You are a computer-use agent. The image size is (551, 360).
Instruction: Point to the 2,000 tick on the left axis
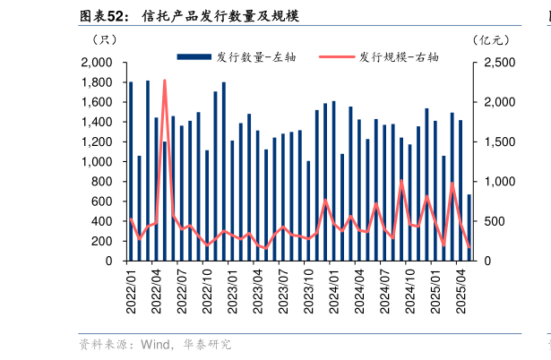(96, 63)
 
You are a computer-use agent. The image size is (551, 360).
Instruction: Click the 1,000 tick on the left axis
(96, 162)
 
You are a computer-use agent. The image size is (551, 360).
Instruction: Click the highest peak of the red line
(165, 81)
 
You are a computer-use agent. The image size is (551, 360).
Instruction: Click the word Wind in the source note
(153, 344)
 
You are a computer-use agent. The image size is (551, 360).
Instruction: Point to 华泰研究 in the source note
(208, 344)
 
